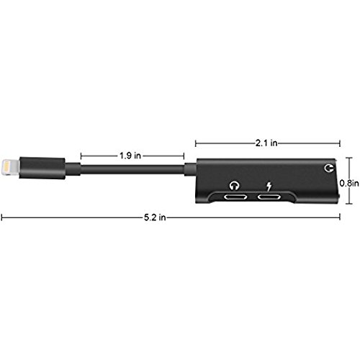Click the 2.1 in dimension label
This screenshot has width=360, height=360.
point(266,143)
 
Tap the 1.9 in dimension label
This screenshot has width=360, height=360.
point(130,156)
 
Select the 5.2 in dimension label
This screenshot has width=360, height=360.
point(155,217)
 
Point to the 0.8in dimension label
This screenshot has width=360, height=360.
point(349,184)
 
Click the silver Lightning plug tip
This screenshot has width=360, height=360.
point(10,167)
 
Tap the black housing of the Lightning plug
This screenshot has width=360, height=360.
point(42,168)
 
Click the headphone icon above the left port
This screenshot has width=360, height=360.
point(234,186)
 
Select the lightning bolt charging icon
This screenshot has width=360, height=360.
point(269,187)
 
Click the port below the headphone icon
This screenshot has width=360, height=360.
point(235,197)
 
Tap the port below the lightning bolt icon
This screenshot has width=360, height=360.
point(269,197)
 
